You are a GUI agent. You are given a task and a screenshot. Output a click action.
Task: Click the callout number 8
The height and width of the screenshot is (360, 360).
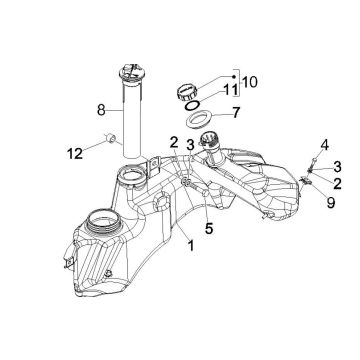pos(101,110)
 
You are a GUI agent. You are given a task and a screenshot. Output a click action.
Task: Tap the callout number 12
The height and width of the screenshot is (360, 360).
pos(75,154)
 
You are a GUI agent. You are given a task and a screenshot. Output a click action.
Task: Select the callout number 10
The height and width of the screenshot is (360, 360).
pos(250,82)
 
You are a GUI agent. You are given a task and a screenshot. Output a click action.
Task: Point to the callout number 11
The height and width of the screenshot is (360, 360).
pos(231,90)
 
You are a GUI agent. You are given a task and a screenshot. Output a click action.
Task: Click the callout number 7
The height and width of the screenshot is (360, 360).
pos(236,113)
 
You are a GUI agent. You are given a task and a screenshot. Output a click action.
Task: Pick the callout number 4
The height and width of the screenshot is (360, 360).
pos(325,145)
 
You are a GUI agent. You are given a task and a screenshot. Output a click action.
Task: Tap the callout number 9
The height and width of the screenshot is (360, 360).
pos(330,202)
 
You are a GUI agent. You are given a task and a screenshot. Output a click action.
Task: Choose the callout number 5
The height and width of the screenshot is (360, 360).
pos(209,229)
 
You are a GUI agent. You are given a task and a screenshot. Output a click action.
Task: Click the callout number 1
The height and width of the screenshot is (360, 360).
pos(191,246)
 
